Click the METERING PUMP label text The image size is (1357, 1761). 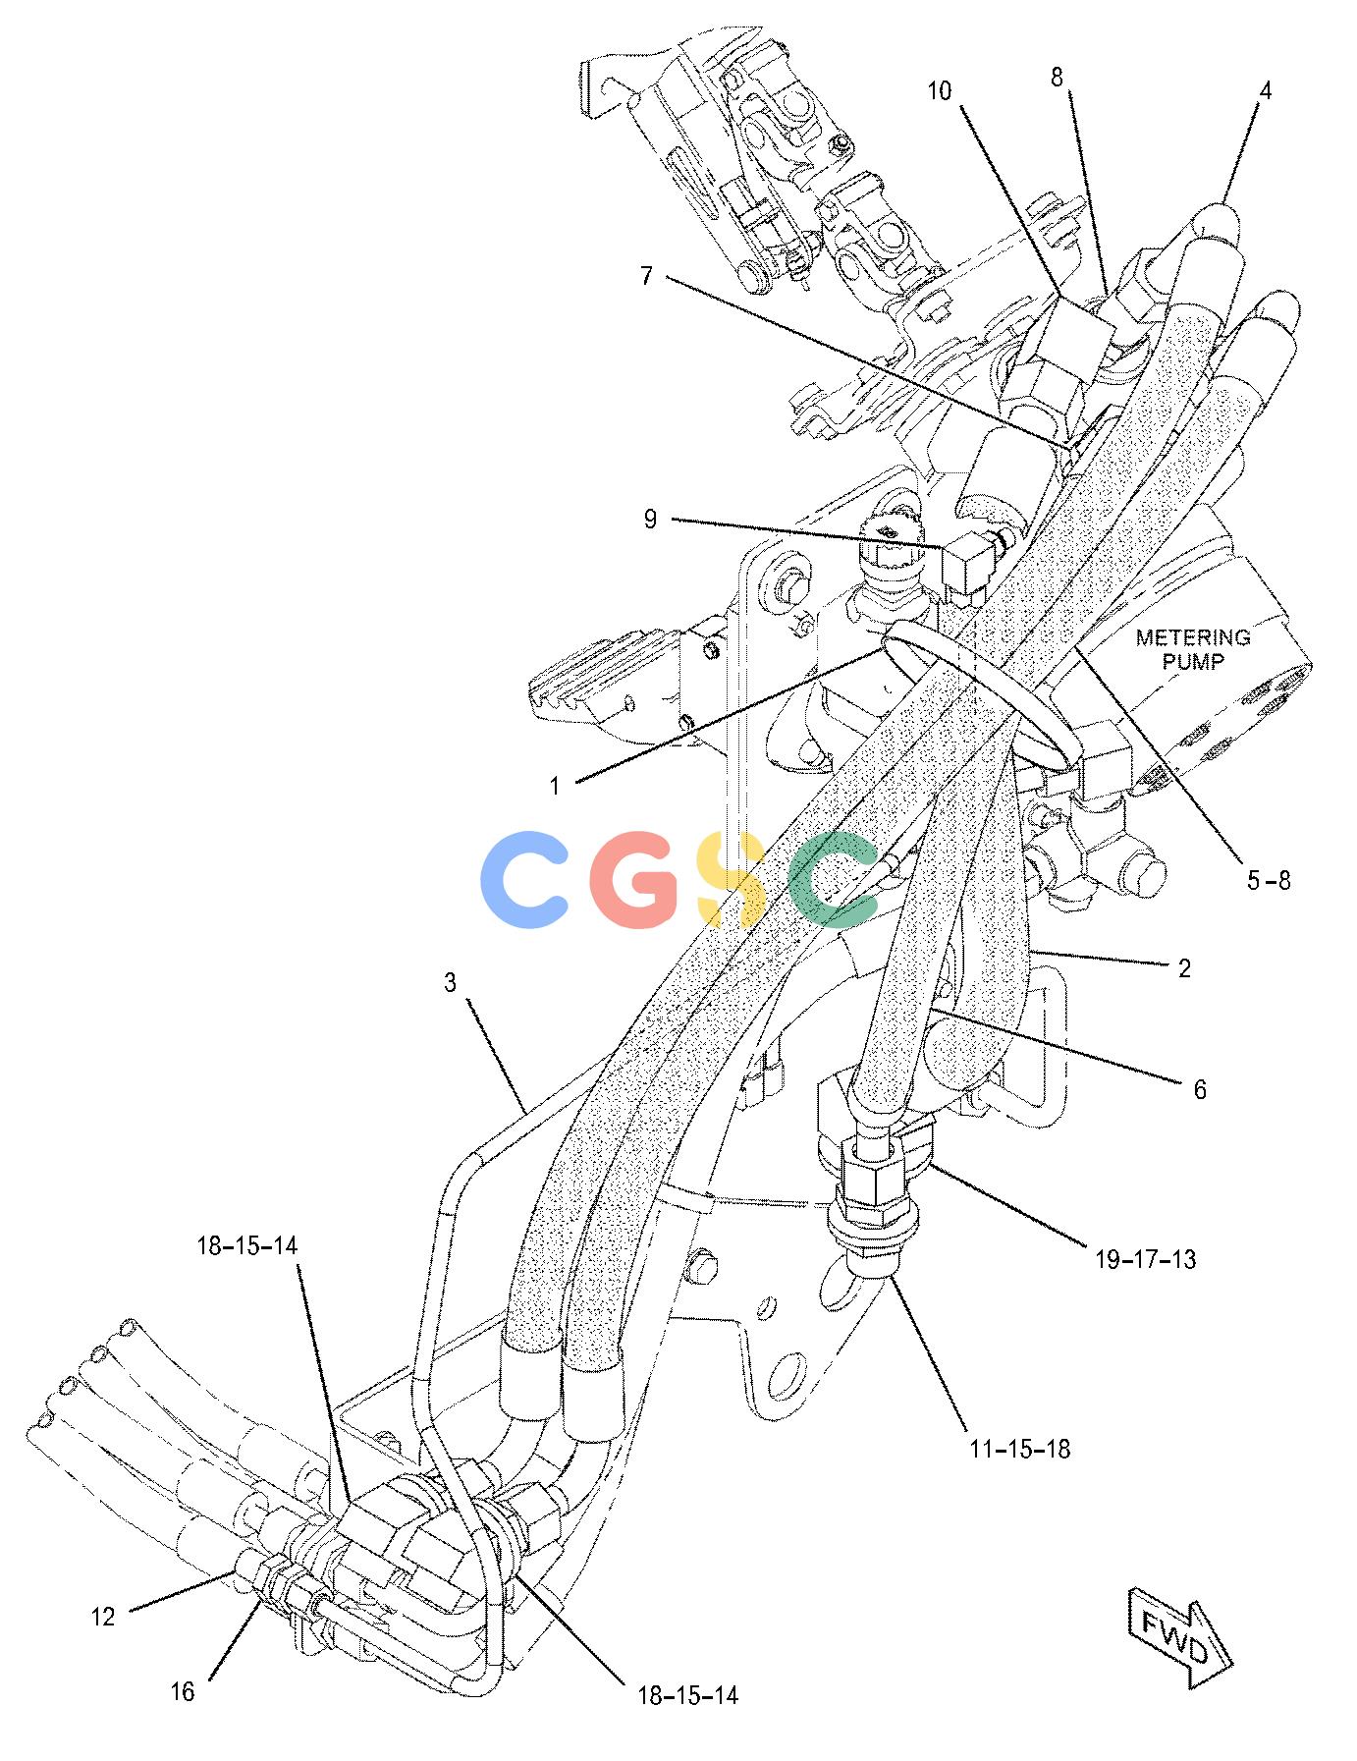click(x=1193, y=649)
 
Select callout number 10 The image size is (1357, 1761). click(x=940, y=91)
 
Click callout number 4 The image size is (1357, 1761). click(x=1266, y=91)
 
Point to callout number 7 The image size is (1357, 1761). click(x=646, y=276)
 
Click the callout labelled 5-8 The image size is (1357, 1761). click(x=1269, y=880)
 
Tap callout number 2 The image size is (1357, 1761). click(x=1184, y=968)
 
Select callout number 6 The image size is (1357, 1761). click(x=1199, y=1089)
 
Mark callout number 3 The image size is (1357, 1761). click(x=450, y=983)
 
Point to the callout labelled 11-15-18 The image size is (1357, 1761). click(x=1019, y=1448)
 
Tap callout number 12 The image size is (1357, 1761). click(x=103, y=1616)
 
